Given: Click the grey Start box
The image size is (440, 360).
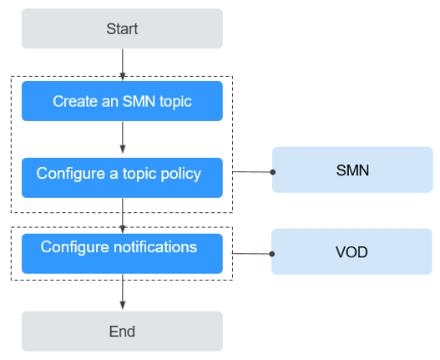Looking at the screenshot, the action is [x=122, y=28].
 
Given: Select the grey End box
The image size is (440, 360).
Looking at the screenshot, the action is [x=122, y=331].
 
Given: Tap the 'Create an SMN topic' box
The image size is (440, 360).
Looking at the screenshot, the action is [x=122, y=101].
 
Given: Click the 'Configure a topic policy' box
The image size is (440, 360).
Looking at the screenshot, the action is [x=122, y=178].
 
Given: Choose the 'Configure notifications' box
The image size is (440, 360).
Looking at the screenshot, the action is [x=122, y=254].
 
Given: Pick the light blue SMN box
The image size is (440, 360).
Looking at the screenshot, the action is [x=352, y=170].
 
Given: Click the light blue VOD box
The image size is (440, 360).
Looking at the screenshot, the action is [x=351, y=251].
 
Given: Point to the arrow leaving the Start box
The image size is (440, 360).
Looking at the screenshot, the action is [x=123, y=65].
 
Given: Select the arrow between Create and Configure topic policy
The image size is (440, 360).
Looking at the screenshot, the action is [x=123, y=137].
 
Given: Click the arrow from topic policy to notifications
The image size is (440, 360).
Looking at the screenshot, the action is [x=123, y=215].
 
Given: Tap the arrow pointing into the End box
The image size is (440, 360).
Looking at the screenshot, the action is [x=123, y=292].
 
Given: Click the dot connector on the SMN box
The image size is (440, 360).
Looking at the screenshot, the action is [x=272, y=172].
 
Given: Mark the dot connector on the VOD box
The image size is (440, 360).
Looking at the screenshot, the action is [x=271, y=254].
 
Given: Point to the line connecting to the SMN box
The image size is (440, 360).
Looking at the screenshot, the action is [x=251, y=171].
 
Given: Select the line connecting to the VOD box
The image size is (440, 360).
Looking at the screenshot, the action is [x=250, y=254].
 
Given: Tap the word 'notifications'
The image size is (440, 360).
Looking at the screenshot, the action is [x=155, y=247].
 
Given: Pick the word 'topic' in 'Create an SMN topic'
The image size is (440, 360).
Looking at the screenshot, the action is [x=175, y=102].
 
